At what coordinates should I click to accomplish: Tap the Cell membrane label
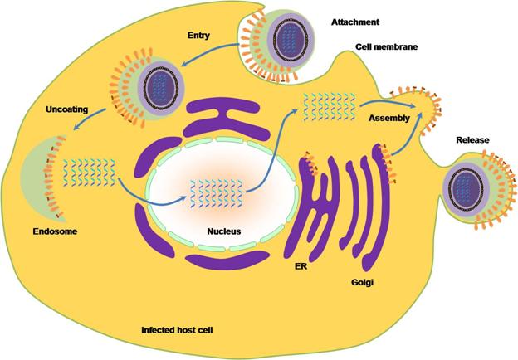pos(386,47)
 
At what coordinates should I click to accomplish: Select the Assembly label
pos(390,120)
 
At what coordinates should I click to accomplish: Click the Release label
pos(474,141)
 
